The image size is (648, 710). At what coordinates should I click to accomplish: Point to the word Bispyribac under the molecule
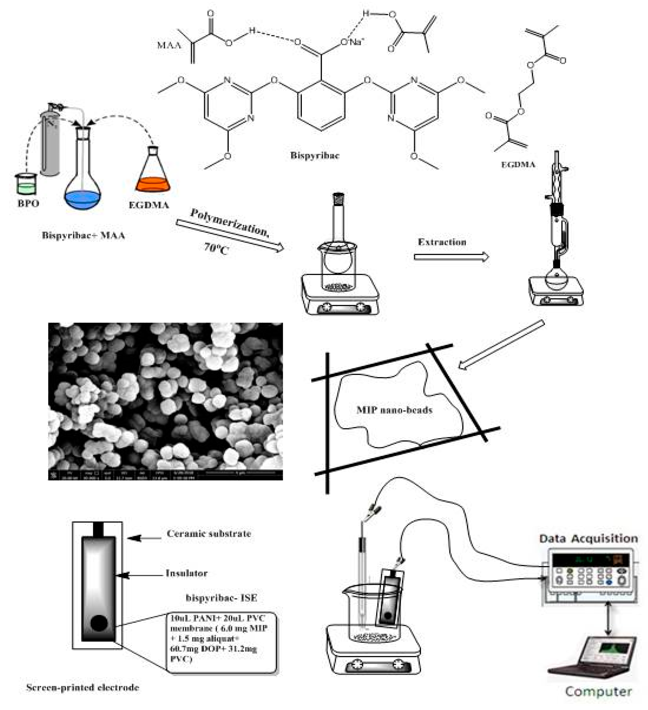(x=314, y=155)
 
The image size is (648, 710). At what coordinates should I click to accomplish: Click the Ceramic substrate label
(x=209, y=534)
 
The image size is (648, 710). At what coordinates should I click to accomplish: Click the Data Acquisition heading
(x=588, y=538)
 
